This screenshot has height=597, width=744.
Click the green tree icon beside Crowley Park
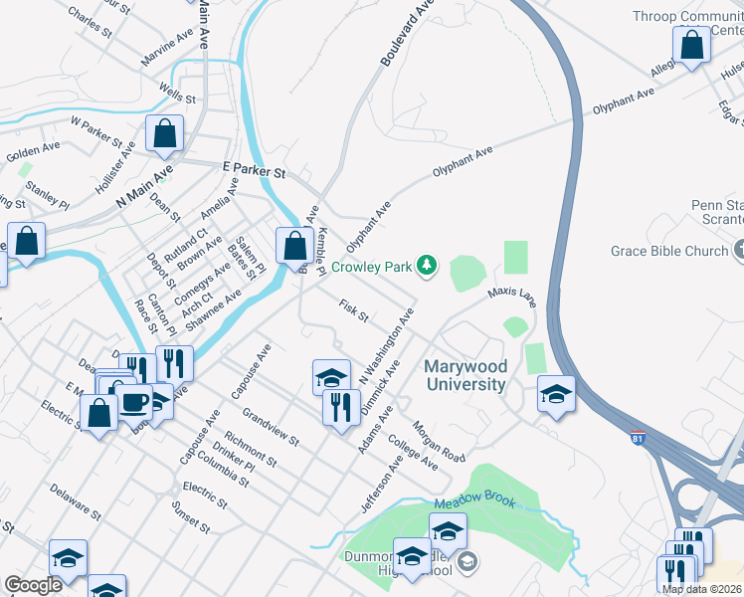click(x=427, y=266)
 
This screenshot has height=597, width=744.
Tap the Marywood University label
click(x=465, y=375)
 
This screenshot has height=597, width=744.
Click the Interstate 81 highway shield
click(x=638, y=438)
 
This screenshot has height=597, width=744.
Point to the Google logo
click(x=33, y=585)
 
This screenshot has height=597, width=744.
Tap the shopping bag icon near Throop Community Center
click(x=690, y=46)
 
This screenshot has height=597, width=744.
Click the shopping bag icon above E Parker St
click(x=164, y=135)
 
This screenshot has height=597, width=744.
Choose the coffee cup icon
click(x=135, y=402)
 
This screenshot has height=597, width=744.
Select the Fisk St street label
click(x=353, y=311)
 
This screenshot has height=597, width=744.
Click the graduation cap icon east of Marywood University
click(x=556, y=395)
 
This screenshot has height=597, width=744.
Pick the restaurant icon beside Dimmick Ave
click(x=341, y=408)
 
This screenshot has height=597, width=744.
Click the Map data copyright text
click(x=701, y=589)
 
